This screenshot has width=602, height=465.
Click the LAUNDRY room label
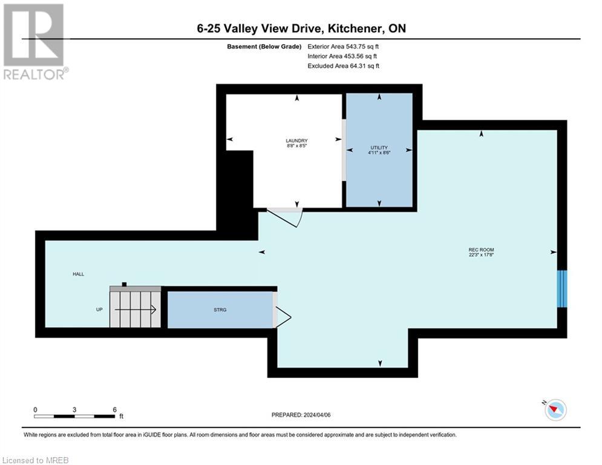pos(297,141)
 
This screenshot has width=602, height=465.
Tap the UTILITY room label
pos(379,148)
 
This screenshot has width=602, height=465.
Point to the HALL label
pos(78,274)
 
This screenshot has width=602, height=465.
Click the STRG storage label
pos(220,309)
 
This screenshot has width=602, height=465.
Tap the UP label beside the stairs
pos(99,309)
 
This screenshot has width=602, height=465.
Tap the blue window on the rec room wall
pos(562,289)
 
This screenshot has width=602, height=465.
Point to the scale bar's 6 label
pos(114,409)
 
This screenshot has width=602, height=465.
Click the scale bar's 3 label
pos(74,409)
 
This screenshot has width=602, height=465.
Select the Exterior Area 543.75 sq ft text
pos(343,46)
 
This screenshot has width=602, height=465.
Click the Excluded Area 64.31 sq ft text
pos(343,66)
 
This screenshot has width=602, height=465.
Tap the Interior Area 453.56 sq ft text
pos(343,56)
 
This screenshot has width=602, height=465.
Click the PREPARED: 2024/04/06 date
pos(302,415)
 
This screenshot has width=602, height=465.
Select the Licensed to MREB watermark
pos(35,460)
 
